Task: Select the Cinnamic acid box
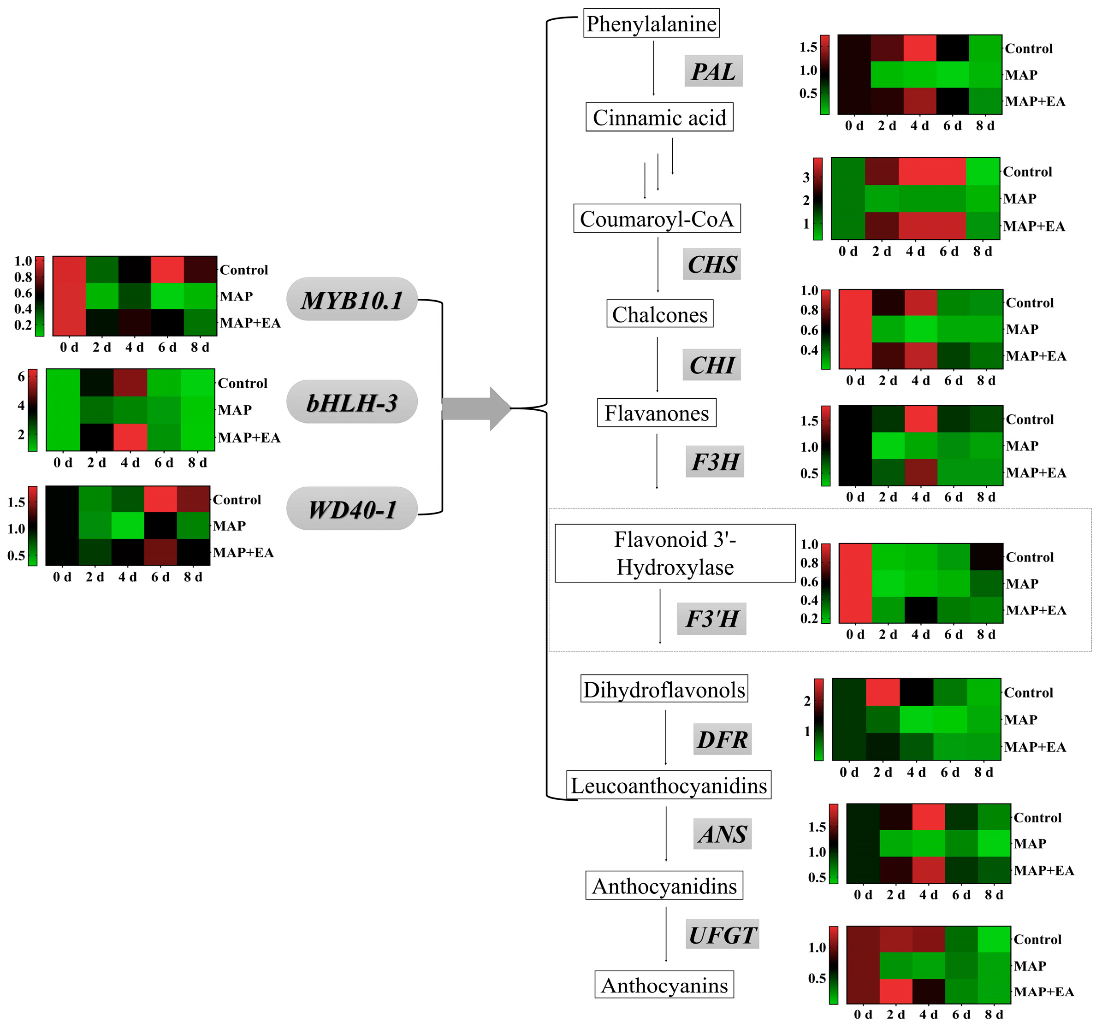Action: tap(659, 117)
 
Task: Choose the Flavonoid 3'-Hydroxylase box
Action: tap(675, 553)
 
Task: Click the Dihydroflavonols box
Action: tap(664, 689)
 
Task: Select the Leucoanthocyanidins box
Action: tap(668, 785)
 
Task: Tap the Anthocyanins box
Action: tap(664, 985)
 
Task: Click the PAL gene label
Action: tap(713, 71)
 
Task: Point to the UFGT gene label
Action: tap(722, 935)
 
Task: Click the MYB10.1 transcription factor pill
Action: tap(351, 299)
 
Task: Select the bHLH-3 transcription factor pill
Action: tap(351, 402)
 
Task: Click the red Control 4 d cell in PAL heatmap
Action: tap(919, 48)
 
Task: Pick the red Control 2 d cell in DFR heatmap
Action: tap(883, 691)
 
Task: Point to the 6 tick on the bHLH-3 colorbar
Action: tap(22, 377)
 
